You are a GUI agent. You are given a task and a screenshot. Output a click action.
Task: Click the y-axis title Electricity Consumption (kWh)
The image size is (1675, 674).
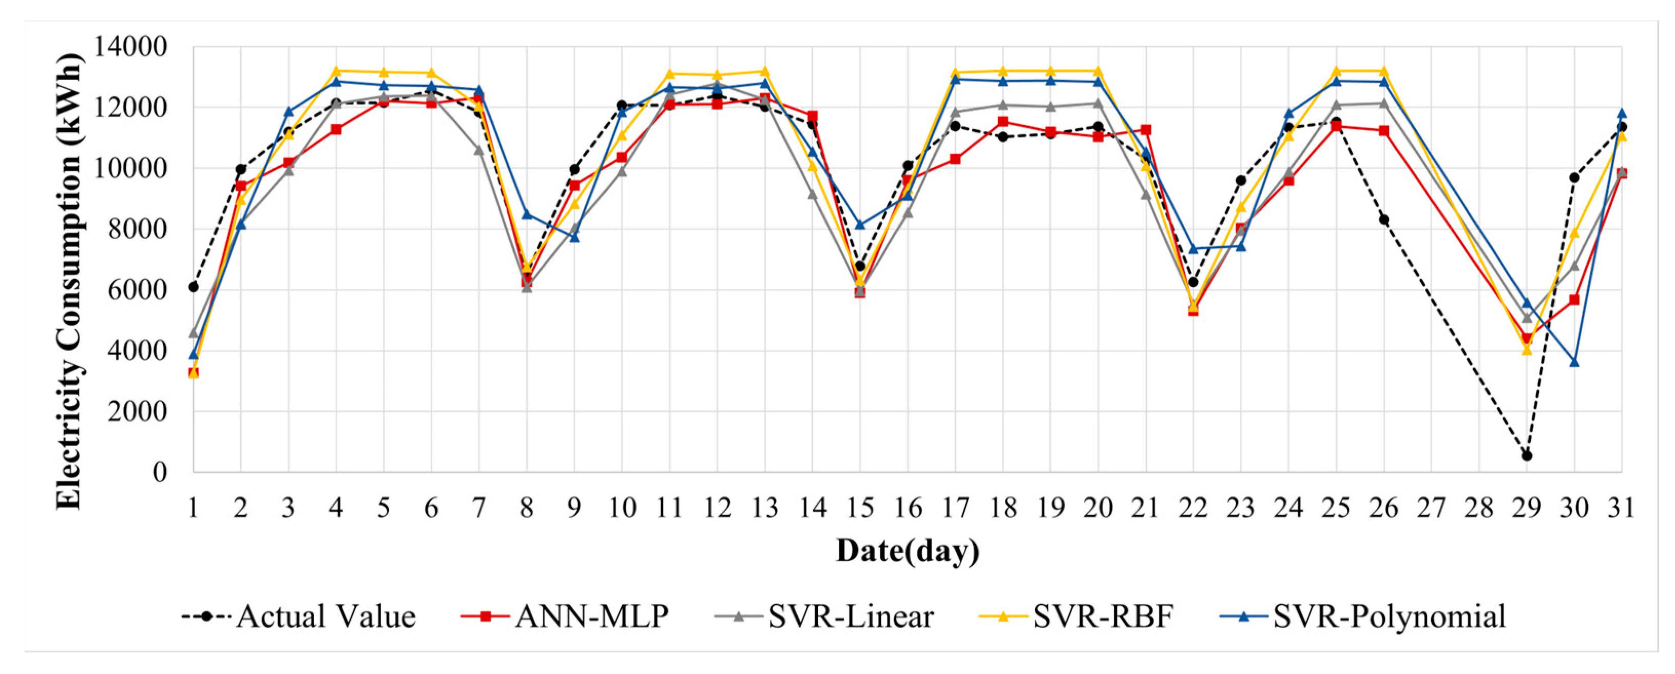point(70,281)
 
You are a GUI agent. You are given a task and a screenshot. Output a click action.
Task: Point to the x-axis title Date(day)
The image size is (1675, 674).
point(907,550)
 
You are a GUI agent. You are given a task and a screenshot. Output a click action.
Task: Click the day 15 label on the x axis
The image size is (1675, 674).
point(860,508)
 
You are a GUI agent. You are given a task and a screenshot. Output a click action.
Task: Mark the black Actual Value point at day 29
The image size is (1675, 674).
point(1527,455)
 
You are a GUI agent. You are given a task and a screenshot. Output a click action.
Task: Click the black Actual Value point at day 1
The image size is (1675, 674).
point(193,287)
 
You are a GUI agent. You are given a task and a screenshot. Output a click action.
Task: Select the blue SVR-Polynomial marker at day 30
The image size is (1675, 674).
point(1574,362)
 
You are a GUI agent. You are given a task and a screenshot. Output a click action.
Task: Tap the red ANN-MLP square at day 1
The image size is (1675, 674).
point(193,373)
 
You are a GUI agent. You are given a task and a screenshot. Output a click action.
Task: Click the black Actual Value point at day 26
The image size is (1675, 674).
point(1384,220)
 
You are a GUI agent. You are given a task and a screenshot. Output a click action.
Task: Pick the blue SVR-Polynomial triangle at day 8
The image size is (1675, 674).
point(527,214)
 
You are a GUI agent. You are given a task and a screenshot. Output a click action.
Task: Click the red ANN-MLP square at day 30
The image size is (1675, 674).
point(1574,300)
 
